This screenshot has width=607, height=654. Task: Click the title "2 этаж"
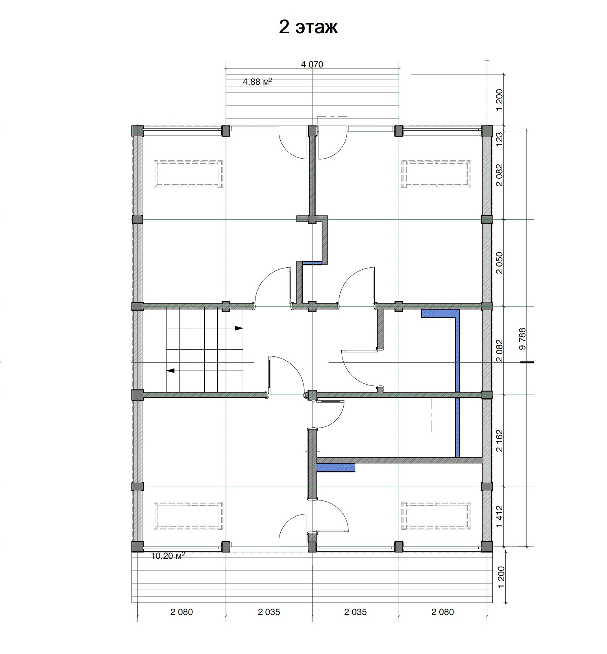coord(308,28)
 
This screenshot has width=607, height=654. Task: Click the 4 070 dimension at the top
coord(312,65)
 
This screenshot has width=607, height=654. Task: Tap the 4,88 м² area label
coord(258,82)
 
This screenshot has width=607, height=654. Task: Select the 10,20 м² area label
coord(168,556)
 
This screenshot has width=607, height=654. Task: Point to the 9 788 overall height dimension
coord(523,339)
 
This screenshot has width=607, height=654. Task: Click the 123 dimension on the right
coord(499,139)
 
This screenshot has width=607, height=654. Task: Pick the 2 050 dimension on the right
coord(499,263)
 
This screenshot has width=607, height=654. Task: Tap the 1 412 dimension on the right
coord(499,516)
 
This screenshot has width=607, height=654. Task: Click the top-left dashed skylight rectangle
coord(189,174)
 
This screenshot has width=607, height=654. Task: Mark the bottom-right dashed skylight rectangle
coord(436,516)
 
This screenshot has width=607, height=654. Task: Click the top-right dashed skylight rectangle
coord(436,174)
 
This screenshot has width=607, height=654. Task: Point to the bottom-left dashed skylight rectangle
coord(189,516)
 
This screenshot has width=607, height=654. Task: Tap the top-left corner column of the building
coord(137,131)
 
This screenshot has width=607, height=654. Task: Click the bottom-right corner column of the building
coord(487,547)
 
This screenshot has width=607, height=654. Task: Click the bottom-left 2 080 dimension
coord(181,612)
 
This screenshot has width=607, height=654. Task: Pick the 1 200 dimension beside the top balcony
coord(499,100)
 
